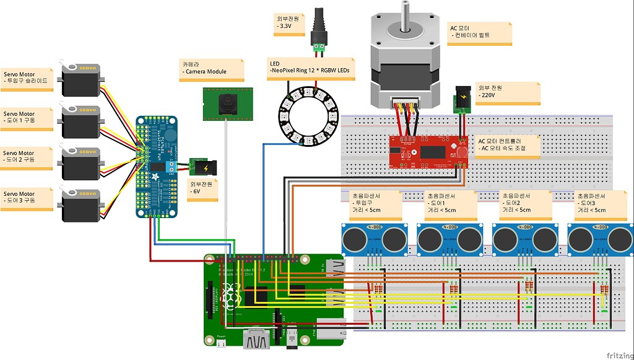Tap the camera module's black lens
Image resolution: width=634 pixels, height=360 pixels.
point(228,103)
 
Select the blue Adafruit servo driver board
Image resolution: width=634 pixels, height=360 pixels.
point(156,166)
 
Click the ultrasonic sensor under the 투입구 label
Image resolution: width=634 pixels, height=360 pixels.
point(372,238)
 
